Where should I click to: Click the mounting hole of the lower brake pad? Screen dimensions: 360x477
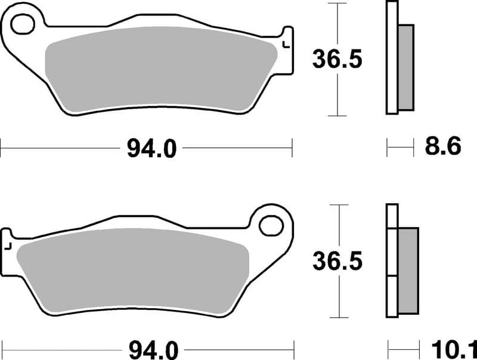coord(271,226)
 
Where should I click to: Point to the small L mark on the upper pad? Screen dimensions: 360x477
coord(286,43)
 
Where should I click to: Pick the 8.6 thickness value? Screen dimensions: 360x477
coord(442,147)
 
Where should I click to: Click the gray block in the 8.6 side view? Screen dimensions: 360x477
coord(405,67)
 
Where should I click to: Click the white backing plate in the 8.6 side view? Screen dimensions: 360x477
coord(392,57)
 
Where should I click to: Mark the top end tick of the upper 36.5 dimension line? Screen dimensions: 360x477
coord(337,3)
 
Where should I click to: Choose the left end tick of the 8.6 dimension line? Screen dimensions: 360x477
coord(388,147)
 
